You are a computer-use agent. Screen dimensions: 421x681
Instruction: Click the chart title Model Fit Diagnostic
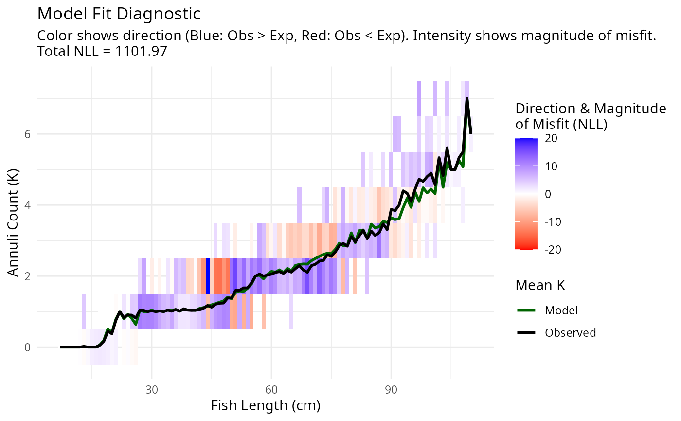coord(119,14)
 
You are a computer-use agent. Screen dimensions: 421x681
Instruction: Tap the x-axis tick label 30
coord(152,391)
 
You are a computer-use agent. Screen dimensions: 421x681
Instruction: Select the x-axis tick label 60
coord(271,391)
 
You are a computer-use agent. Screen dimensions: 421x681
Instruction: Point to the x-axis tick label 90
coord(391,391)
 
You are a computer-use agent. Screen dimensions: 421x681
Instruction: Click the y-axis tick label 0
coord(28,348)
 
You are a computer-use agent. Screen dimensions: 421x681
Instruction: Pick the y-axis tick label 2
coord(28,276)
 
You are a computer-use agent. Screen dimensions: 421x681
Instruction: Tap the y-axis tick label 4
coord(28,205)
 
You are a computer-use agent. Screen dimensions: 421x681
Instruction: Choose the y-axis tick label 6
coord(28,134)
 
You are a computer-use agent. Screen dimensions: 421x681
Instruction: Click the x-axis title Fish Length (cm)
coord(266,406)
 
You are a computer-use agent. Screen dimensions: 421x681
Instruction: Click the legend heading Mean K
coord(540,286)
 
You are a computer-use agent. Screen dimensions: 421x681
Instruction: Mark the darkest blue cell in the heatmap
coord(208,276)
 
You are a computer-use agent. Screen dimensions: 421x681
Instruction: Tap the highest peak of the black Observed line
coord(467,99)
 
